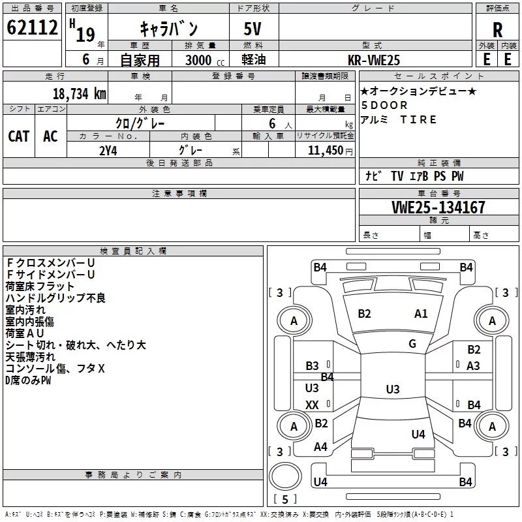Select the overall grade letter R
click(x=497, y=29)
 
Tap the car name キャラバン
click(x=169, y=29)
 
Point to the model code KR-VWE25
click(x=374, y=60)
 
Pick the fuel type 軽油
click(x=254, y=60)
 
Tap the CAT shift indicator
click(x=19, y=136)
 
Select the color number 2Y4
click(x=108, y=149)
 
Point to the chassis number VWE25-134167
click(x=438, y=207)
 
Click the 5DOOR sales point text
click(x=384, y=105)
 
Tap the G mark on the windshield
click(x=412, y=344)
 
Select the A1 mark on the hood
click(x=421, y=314)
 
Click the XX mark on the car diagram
click(x=312, y=405)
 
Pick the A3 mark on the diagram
click(x=473, y=366)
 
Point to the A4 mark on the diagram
click(x=320, y=447)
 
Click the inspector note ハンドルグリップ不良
click(x=55, y=298)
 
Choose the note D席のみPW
click(x=28, y=380)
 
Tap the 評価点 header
click(x=497, y=8)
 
